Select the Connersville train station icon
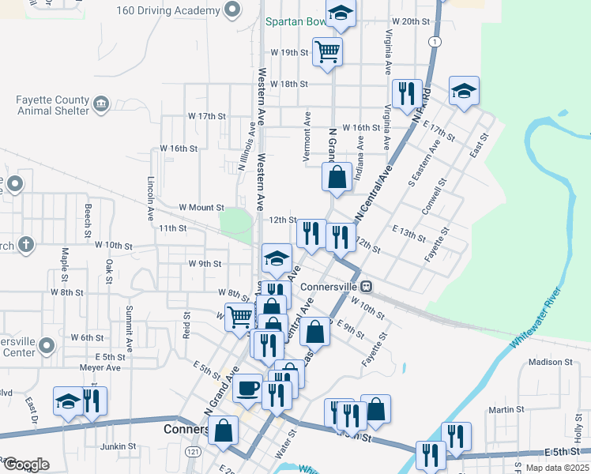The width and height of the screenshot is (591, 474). tap(368, 286)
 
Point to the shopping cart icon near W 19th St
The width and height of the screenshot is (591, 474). tap(327, 52)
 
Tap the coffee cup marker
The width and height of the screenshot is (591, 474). tap(248, 388)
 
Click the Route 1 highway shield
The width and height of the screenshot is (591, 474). tap(434, 40)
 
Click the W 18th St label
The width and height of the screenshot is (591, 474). tap(288, 84)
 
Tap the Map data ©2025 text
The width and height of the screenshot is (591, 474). tap(556, 468)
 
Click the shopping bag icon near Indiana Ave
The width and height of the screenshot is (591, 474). tap(337, 178)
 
